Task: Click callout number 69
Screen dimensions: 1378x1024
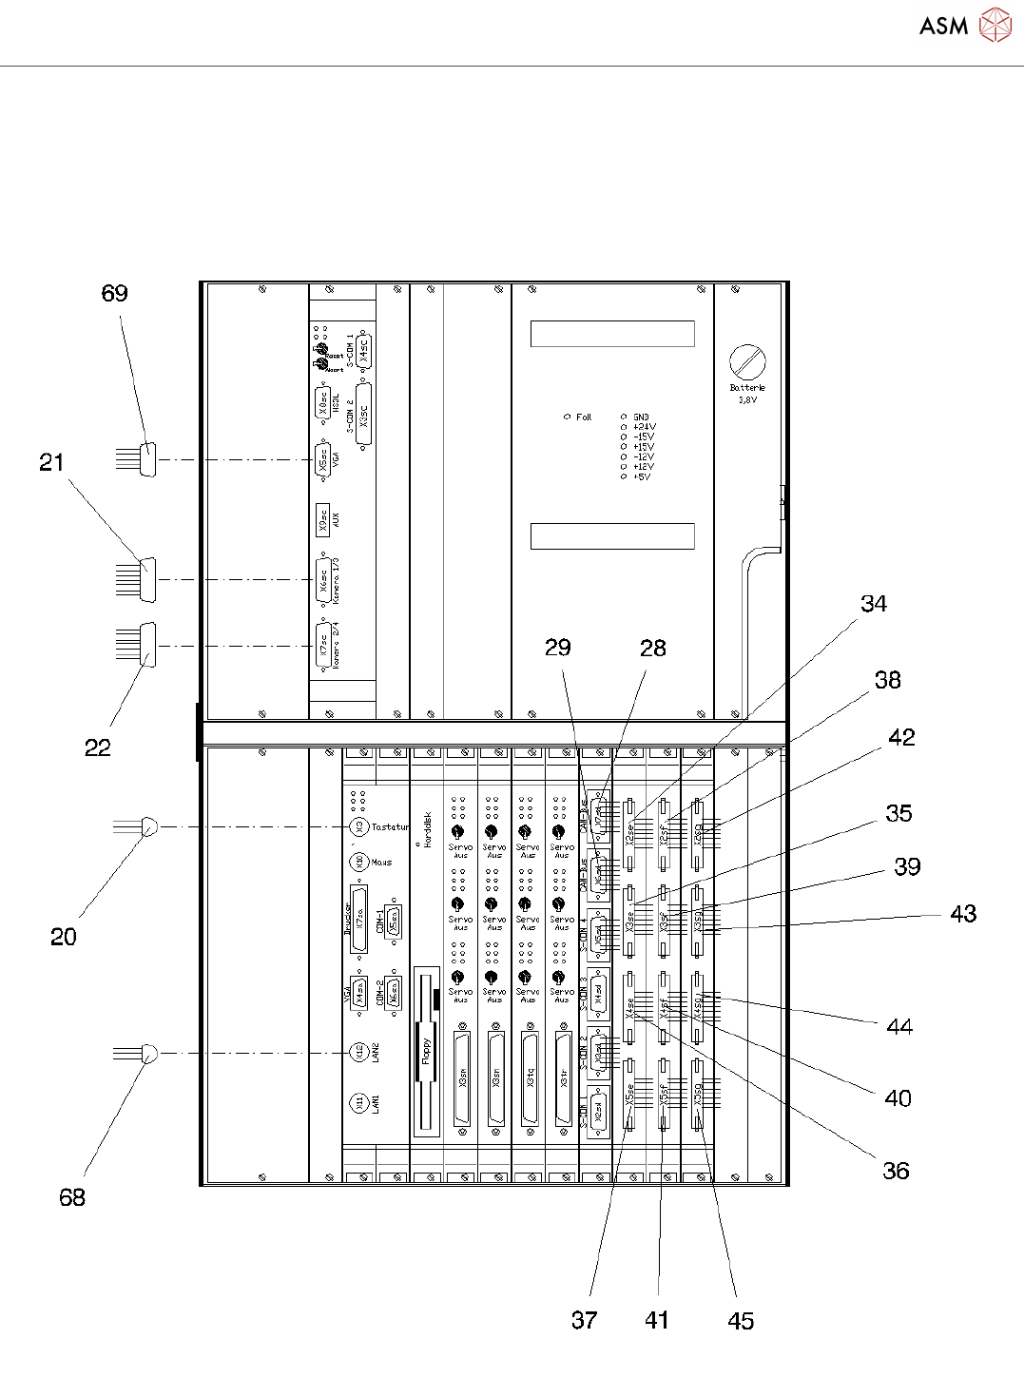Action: [x=114, y=293]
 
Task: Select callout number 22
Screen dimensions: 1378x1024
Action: [x=97, y=747]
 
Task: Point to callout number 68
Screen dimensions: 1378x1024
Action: [x=72, y=1197]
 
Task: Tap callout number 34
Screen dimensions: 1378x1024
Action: [x=874, y=604]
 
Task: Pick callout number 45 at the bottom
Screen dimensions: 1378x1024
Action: [x=741, y=1320]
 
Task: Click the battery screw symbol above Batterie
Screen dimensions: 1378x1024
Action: [x=747, y=362]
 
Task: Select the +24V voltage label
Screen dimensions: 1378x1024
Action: [x=644, y=427]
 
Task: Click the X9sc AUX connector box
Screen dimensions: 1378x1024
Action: [x=323, y=519]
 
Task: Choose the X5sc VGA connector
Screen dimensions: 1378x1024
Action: [x=323, y=460]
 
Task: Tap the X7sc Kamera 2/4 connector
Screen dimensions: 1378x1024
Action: [x=323, y=646]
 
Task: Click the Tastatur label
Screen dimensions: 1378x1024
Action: [x=390, y=827]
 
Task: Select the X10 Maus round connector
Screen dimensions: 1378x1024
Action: [x=358, y=862]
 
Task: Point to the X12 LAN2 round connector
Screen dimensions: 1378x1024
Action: [x=358, y=1053]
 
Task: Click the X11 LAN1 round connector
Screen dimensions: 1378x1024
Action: [x=358, y=1103]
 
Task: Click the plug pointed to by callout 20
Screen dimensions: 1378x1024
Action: [x=149, y=826]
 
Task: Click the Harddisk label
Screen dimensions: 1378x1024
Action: [x=428, y=830]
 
